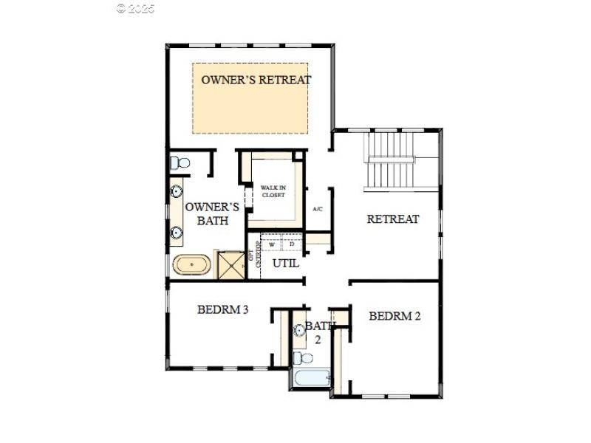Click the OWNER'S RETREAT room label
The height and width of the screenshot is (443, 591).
pos(256,80)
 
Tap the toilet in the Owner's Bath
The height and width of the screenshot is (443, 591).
pos(178,162)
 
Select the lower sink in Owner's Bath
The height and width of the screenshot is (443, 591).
pos(177,233)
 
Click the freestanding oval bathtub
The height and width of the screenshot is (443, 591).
pos(192,264)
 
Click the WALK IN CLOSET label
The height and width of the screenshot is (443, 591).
pos(273,191)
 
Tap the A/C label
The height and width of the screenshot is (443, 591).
pos(318,209)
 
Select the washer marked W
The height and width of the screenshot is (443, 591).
pos(272,244)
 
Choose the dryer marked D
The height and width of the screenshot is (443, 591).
pos(292,244)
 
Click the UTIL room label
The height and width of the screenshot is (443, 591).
pos(286,262)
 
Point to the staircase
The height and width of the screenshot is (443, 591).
pos(392,160)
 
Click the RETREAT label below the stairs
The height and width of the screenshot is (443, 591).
pos(393,219)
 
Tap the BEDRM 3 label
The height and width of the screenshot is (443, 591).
pos(222,310)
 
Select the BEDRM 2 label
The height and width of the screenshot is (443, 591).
pos(394,316)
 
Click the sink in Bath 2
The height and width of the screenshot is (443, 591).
pos(300,331)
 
